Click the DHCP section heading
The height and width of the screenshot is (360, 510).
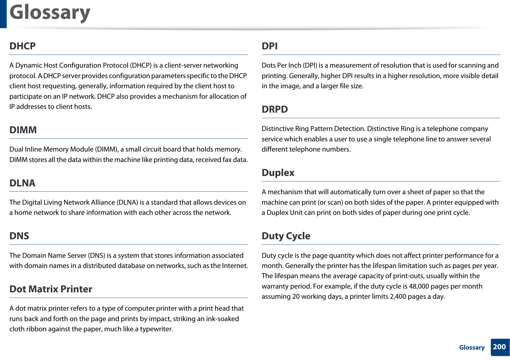(22, 46)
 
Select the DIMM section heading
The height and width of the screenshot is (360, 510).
(23, 130)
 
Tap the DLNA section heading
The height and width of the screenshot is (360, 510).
(22, 183)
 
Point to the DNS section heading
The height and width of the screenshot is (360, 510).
(19, 236)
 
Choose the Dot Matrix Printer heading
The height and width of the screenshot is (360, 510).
(51, 289)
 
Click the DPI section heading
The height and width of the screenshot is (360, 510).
(269, 46)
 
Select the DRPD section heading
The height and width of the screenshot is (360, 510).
(275, 109)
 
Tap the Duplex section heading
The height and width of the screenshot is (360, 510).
(278, 172)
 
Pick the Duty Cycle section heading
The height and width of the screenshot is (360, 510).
(286, 236)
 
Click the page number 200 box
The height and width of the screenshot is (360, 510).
(500, 347)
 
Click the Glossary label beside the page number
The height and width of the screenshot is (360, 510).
(472, 347)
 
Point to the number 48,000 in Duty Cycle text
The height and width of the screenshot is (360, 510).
(418, 286)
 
